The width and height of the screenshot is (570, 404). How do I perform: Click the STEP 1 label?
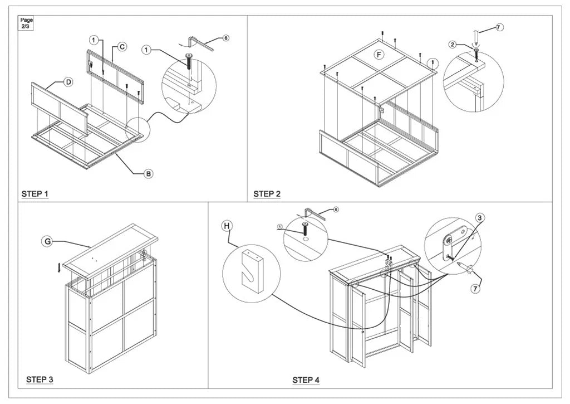pos(35,194)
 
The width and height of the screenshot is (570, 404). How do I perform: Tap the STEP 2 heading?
pos(267,194)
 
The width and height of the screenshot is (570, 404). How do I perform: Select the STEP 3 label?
pos(40,379)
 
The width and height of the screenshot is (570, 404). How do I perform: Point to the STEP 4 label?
pos(306,380)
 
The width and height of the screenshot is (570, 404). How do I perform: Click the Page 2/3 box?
pos(27,23)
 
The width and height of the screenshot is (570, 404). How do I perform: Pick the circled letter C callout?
pos(122,47)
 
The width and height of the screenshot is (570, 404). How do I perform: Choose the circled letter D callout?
pos(68,82)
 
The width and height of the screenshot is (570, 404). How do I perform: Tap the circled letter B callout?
pos(148,174)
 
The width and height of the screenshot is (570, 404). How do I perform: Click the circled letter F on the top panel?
pos(379,55)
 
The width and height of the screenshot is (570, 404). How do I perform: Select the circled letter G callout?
pos(47,241)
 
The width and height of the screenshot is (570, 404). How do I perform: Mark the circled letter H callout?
pos(226,226)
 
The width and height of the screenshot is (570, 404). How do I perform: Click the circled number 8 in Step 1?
pos(226,38)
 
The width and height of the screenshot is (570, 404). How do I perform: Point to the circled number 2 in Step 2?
pos(453,45)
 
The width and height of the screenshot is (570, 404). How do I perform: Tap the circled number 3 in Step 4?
pos(480,217)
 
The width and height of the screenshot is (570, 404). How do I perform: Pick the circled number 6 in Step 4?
pos(336,210)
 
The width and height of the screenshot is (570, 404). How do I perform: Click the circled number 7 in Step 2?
pos(499,27)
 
